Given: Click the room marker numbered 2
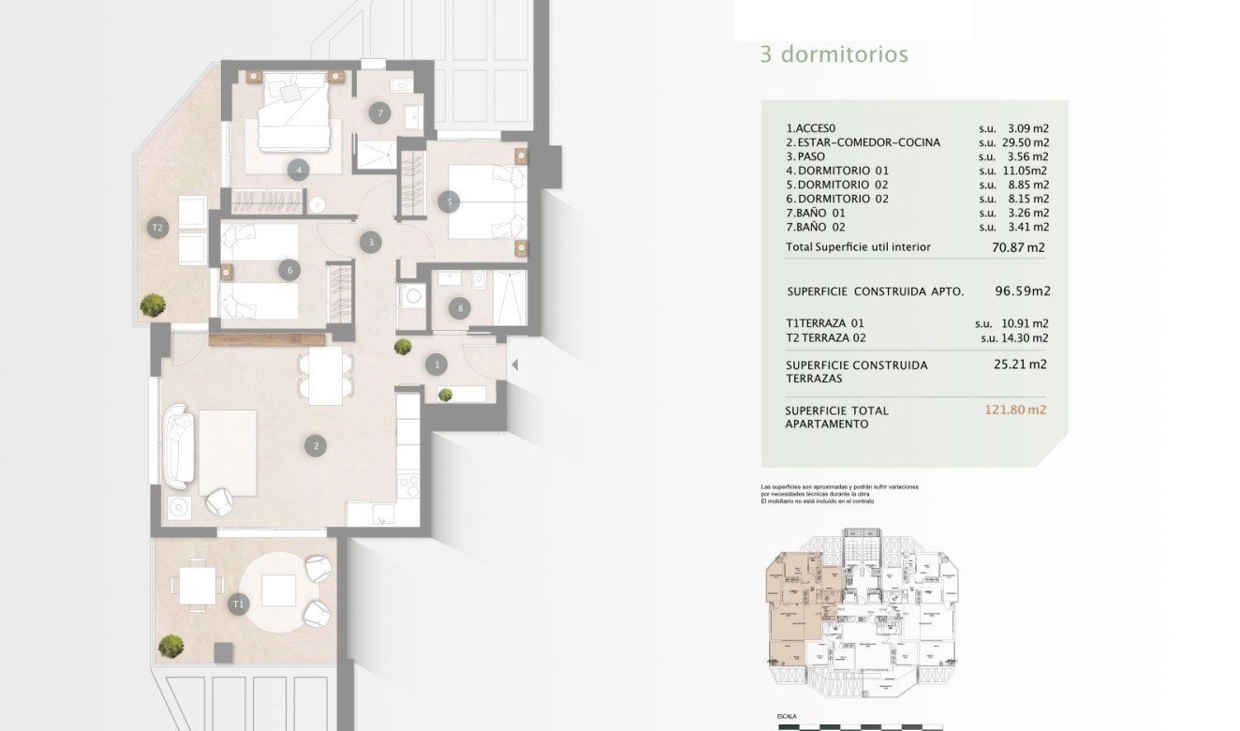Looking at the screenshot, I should click(x=316, y=446).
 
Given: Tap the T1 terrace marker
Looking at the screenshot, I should click(x=238, y=604).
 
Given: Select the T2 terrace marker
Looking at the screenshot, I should click(x=157, y=228).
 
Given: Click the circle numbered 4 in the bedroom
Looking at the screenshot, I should click(x=298, y=170).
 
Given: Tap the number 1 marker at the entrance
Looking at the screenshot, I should click(x=436, y=364).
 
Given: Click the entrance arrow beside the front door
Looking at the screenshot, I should click(x=513, y=365).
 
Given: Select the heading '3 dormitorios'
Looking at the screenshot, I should click(x=834, y=54).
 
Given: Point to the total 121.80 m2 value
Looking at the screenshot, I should click(x=1015, y=410).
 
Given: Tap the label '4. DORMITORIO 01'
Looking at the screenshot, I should click(x=837, y=171).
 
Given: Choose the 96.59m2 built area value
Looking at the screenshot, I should click(x=1023, y=291).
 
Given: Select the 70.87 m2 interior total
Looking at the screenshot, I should click(x=1019, y=248).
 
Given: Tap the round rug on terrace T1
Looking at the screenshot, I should click(x=276, y=590).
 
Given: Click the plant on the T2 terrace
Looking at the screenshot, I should click(x=153, y=305).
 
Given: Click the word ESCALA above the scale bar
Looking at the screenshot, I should click(x=788, y=717).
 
